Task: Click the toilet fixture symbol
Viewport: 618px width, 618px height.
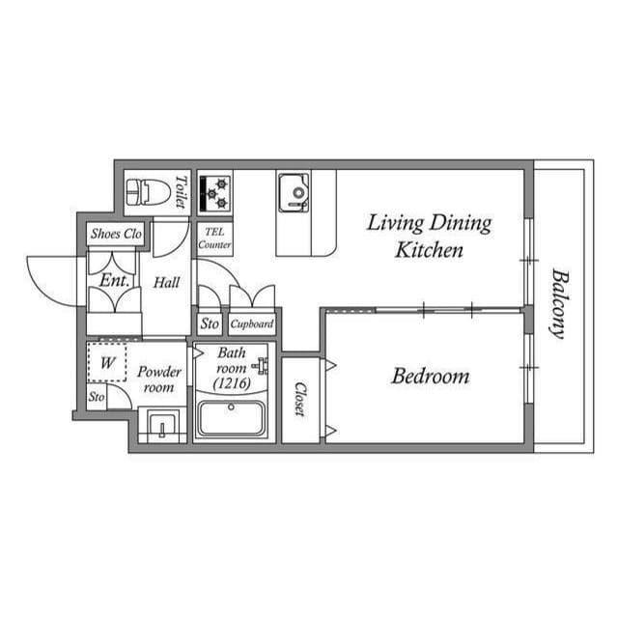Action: [149, 192]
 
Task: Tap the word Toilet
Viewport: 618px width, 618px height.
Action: [181, 192]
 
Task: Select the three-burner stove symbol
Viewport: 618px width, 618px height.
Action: [214, 193]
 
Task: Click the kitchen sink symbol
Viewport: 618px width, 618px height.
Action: [294, 193]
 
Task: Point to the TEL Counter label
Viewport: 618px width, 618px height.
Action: [214, 239]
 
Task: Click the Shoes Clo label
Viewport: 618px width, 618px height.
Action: [116, 234]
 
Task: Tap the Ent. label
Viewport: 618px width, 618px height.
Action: [114, 281]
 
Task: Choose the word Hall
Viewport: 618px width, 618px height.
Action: [166, 283]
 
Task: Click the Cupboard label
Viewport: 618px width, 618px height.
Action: [252, 324]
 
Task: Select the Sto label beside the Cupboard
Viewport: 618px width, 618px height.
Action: [210, 324]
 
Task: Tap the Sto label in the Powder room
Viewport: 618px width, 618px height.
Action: [97, 397]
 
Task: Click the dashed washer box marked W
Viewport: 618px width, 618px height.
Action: [107, 362]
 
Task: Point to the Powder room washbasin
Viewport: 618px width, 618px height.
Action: [162, 425]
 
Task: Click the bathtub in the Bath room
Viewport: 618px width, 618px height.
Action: [231, 418]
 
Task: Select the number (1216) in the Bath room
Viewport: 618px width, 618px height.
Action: [232, 383]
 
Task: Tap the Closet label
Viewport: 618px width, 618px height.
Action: [300, 399]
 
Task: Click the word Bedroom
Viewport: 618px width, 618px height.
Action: [431, 376]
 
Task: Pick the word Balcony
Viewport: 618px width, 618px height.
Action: [559, 303]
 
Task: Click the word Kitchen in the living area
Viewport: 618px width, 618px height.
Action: [429, 250]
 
